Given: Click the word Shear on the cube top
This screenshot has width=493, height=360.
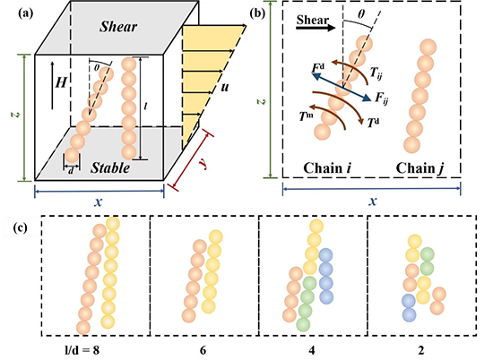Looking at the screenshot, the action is pyautogui.click(x=118, y=27).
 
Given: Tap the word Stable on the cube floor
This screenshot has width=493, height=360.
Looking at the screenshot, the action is pyautogui.click(x=110, y=167).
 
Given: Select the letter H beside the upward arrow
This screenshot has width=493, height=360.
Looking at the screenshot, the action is pyautogui.click(x=61, y=83).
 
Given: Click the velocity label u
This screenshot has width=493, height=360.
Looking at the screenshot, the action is pyautogui.click(x=224, y=88).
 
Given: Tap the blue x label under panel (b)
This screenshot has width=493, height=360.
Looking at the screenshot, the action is pyautogui.click(x=373, y=201).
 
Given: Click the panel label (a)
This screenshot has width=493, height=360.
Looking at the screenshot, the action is pyautogui.click(x=25, y=13).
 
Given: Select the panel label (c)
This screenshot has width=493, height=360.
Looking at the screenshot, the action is pyautogui.click(x=20, y=227).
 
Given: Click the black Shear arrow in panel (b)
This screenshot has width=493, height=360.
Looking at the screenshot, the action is pyautogui.click(x=316, y=28).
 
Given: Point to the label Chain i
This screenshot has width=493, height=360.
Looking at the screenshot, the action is pyautogui.click(x=327, y=168).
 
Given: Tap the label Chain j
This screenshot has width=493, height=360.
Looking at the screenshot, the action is pyautogui.click(x=420, y=168).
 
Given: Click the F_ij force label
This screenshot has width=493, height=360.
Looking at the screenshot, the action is pyautogui.click(x=381, y=99).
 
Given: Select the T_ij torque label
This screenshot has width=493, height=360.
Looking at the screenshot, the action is pyautogui.click(x=376, y=73).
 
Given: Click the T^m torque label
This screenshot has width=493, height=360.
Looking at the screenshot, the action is pyautogui.click(x=306, y=116).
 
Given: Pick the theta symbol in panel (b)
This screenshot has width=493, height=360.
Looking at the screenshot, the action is pyautogui.click(x=362, y=14).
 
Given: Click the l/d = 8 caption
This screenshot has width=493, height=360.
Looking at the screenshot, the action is pyautogui.click(x=82, y=349).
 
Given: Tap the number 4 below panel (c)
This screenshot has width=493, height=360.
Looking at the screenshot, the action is pyautogui.click(x=312, y=350).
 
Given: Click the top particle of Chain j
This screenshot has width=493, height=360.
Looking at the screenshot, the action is pyautogui.click(x=428, y=47).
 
